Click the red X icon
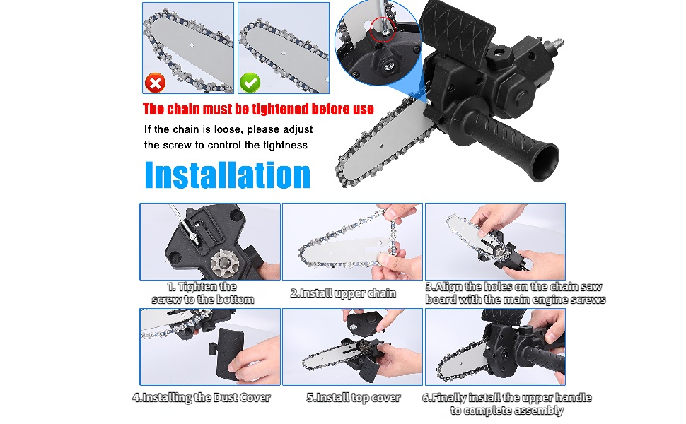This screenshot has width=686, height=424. click(x=156, y=83)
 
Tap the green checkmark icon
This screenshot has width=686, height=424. click(x=250, y=82)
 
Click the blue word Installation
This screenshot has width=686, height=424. click(x=228, y=175)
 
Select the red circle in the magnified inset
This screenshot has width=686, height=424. click(x=383, y=29)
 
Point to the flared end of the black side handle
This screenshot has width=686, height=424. click(x=545, y=162)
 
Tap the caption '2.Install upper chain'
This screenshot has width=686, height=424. click(x=343, y=293)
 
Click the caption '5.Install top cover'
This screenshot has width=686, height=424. click(x=354, y=398)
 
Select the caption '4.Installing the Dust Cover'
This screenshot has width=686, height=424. click(x=202, y=398)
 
